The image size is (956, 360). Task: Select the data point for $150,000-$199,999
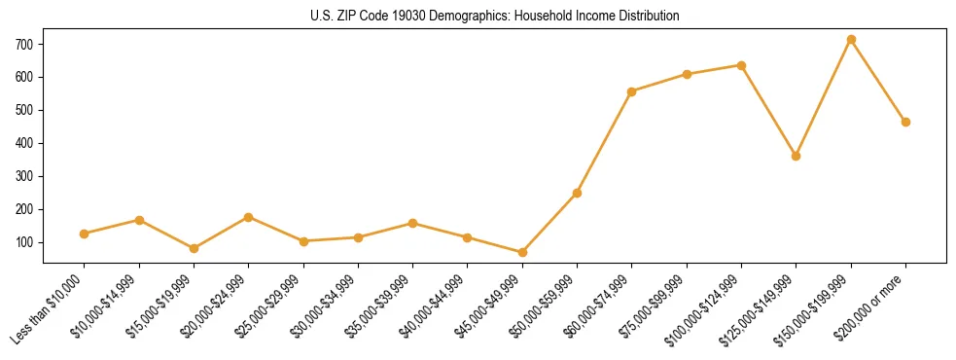click(x=851, y=40)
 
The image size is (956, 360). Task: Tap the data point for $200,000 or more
click(x=905, y=122)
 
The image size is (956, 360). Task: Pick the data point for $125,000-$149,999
click(x=797, y=156)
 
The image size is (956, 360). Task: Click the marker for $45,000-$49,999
click(x=522, y=252)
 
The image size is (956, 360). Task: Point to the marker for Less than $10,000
click(x=85, y=234)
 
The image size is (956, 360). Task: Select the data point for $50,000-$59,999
click(x=577, y=193)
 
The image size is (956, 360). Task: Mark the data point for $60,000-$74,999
click(x=632, y=91)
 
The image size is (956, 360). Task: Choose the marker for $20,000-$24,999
click(x=249, y=217)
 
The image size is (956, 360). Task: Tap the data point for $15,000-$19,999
click(x=194, y=248)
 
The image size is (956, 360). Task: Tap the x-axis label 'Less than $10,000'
click(x=49, y=308)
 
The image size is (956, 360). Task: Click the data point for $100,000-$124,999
click(x=741, y=65)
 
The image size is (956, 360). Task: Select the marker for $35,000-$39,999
click(x=412, y=223)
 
